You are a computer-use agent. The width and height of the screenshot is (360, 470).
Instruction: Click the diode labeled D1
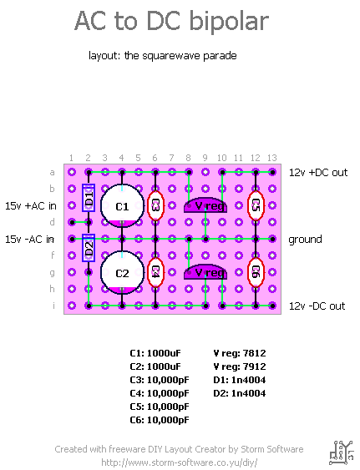[89, 198]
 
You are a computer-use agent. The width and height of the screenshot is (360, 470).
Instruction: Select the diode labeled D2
[89, 248]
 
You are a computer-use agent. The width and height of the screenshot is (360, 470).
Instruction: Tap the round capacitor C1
[122, 206]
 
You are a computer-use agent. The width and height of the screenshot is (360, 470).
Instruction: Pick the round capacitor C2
[122, 273]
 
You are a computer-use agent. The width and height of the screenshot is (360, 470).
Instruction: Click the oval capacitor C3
[155, 205]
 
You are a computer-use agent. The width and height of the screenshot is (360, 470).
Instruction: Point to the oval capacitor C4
[155, 272]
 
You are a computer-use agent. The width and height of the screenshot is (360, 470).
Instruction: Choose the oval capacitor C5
[256, 205]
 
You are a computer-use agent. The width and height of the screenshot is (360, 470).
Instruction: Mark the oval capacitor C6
[256, 272]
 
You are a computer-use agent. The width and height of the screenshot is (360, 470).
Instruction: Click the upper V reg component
[205, 205]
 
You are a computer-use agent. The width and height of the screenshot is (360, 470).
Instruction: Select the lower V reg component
[205, 272]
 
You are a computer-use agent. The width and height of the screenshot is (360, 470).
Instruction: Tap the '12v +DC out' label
[318, 173]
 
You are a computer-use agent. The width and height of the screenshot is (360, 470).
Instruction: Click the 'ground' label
[305, 240]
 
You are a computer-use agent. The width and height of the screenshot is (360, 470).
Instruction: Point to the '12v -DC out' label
[317, 306]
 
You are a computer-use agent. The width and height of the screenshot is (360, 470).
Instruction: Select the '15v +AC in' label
[31, 206]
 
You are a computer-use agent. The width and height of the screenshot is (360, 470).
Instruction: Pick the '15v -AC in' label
[29, 240]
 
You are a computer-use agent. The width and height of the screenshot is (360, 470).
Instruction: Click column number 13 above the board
[272, 158]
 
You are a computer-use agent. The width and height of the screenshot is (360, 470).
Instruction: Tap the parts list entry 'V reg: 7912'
[240, 366]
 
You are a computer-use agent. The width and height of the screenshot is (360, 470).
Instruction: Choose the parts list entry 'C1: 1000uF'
[155, 353]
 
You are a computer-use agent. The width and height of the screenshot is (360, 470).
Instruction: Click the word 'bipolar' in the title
[229, 22]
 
